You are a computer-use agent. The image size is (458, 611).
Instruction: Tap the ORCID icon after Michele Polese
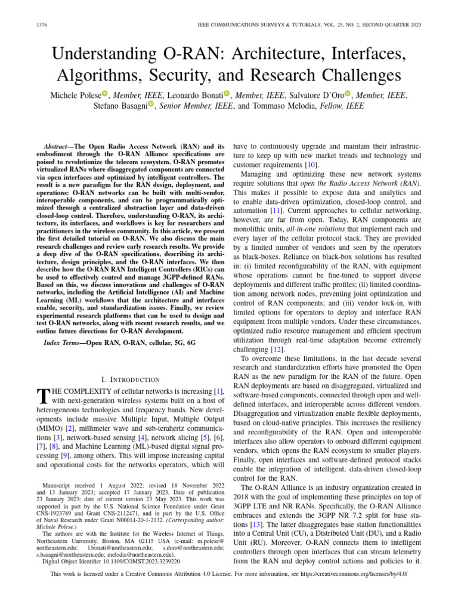[105, 94]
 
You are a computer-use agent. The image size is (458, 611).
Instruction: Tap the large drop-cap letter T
[42, 396]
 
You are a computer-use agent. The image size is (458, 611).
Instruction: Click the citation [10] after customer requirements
[311, 165]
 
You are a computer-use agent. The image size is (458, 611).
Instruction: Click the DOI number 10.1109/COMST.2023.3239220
[143, 561]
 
